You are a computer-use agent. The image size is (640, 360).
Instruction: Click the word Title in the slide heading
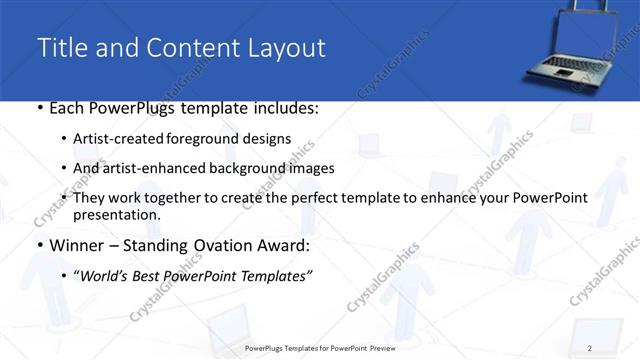(61, 47)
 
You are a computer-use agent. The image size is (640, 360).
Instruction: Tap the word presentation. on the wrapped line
(116, 214)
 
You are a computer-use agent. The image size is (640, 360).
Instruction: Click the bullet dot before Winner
(38, 245)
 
